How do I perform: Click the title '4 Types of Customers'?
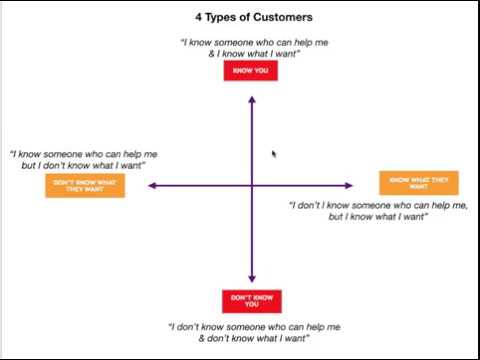tap(253, 17)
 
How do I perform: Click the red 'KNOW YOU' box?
tap(251, 70)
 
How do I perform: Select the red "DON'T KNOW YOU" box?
tap(251, 301)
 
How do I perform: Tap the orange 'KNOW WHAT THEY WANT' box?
tap(419, 183)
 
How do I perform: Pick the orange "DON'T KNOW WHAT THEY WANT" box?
tap(85, 186)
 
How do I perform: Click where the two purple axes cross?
tap(251, 185)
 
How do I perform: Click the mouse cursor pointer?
tap(274, 154)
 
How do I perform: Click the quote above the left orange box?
tap(83, 159)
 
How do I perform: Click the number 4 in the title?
tap(199, 17)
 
